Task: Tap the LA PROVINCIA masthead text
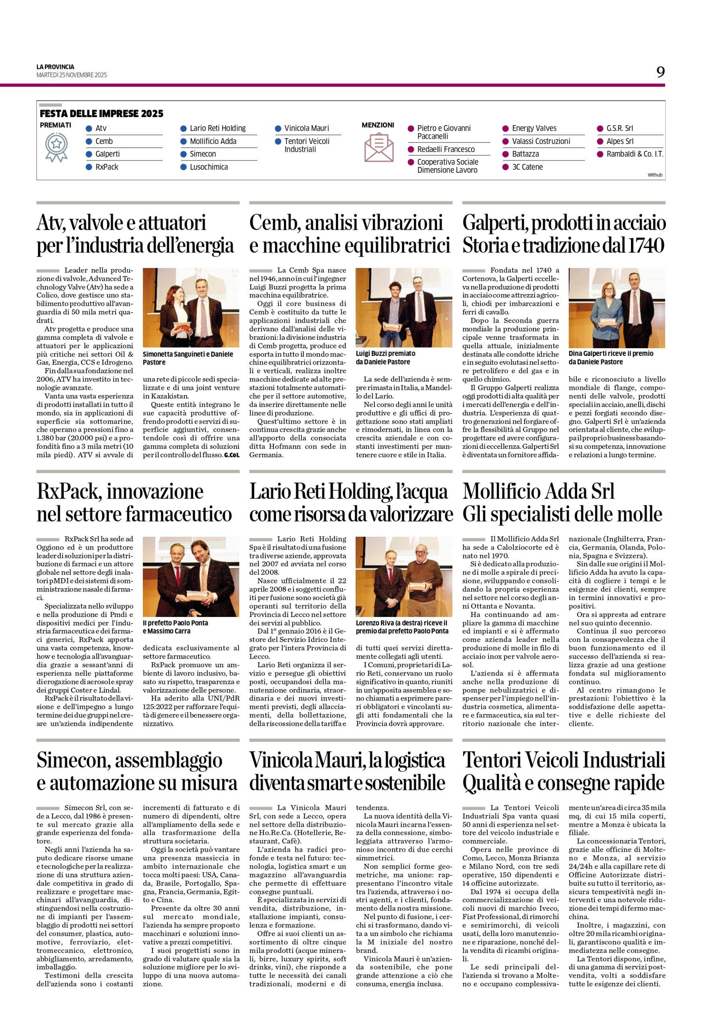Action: (x=55, y=67)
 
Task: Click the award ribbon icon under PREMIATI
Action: (x=56, y=147)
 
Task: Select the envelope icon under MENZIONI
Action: (x=378, y=148)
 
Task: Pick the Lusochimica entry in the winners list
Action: (x=209, y=167)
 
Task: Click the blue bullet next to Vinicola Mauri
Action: (x=278, y=129)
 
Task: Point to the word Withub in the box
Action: (x=655, y=175)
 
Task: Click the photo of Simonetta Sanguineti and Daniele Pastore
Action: (x=191, y=307)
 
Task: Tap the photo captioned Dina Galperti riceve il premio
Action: (x=616, y=307)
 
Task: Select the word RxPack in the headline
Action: (x=69, y=491)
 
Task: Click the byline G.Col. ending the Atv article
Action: (x=232, y=455)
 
